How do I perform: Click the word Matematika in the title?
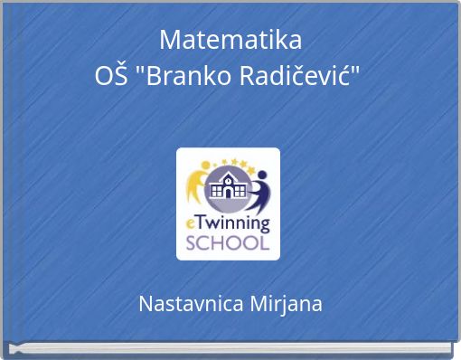(x=230, y=40)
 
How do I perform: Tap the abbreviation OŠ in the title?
(x=110, y=77)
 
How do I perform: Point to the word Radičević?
(x=296, y=77)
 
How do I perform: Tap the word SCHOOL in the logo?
(x=228, y=242)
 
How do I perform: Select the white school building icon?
(x=227, y=188)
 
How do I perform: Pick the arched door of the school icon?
(x=228, y=193)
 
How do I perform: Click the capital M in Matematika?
(x=169, y=40)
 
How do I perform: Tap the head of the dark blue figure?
(x=261, y=175)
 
